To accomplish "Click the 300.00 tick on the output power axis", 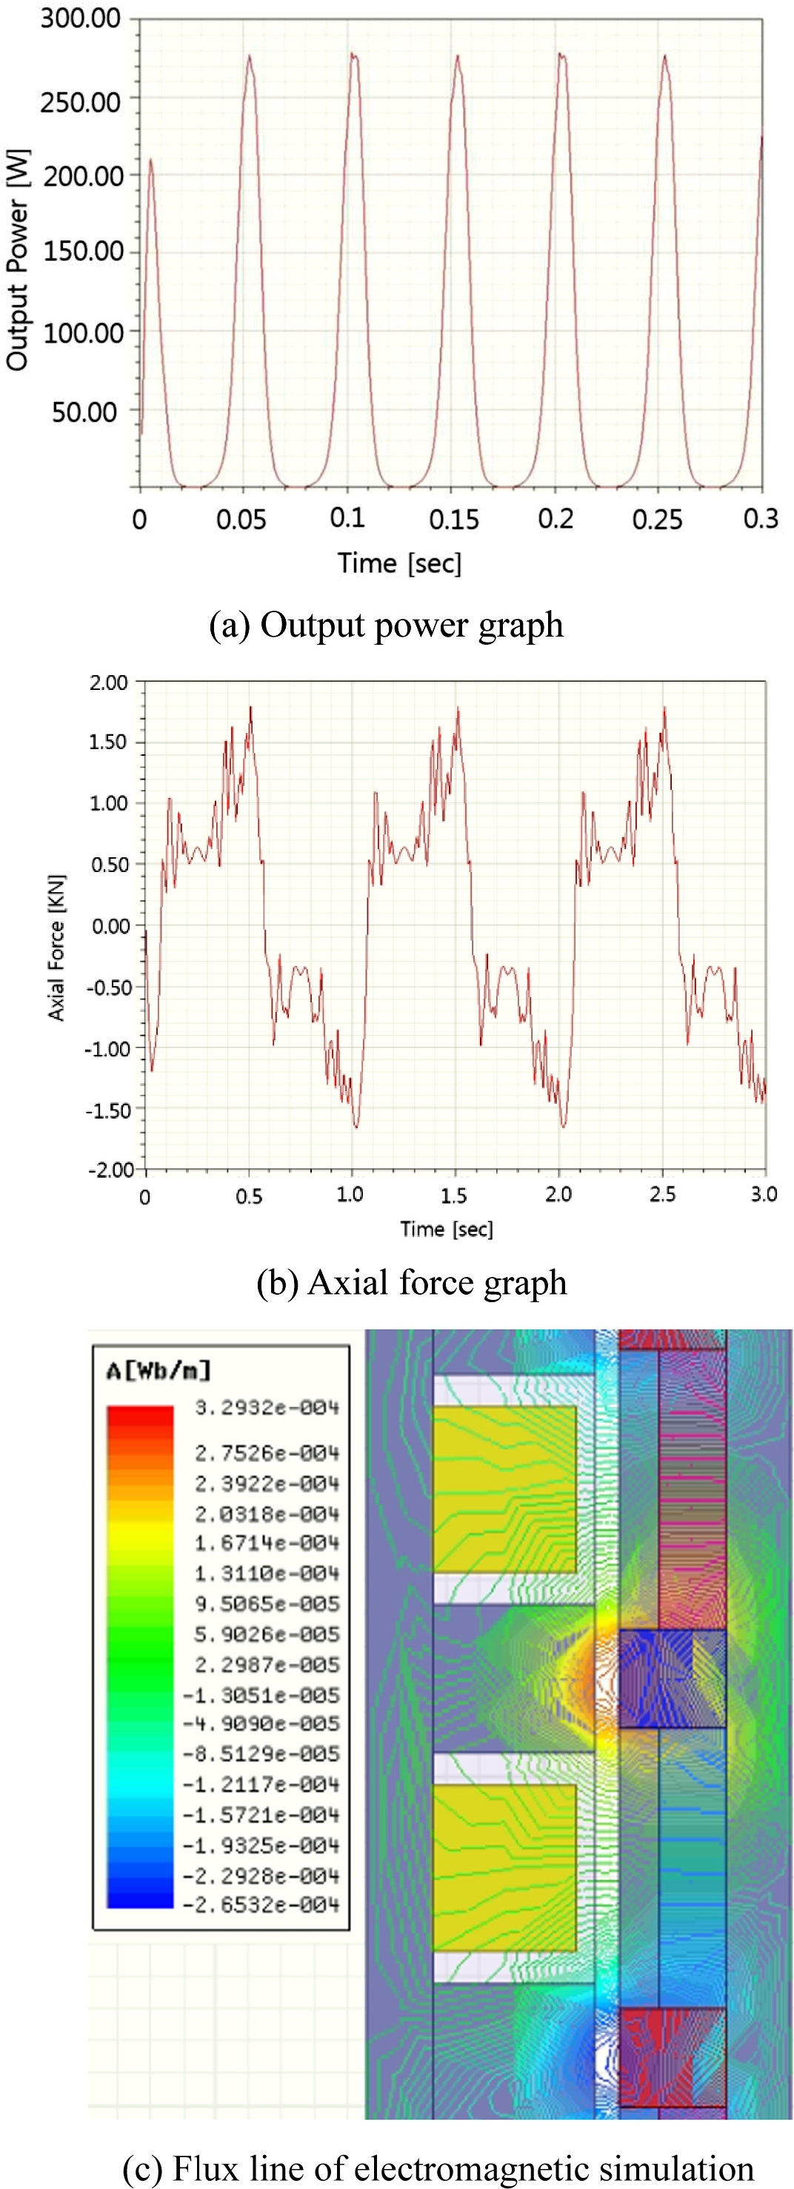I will pos(81,19).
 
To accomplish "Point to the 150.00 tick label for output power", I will pos(83,252).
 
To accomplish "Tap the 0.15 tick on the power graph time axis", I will pos(453,519).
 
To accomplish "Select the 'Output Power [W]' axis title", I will pos(18,260).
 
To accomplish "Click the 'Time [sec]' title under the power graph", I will pos(399,563).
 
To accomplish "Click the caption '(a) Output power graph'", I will pos(387,626).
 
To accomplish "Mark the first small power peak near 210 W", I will pos(150,160).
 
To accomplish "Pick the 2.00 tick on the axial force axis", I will pos(109,683).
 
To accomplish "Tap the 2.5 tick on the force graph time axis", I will pos(662,1195).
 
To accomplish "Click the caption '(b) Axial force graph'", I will pos(412,1282).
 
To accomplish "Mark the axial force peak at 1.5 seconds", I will pos(457,708).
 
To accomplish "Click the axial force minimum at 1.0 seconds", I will pos(356,1127).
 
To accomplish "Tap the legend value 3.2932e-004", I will pos(267,1408).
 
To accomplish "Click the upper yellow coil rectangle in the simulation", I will pos(504,1488).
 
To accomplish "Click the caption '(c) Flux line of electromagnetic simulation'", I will pos(438,2168).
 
